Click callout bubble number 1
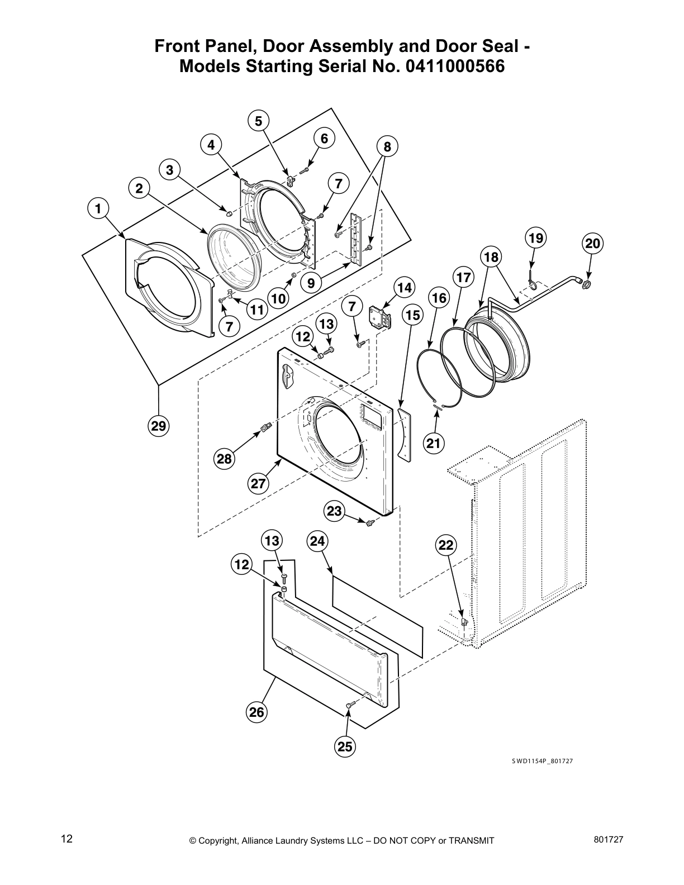[98, 209]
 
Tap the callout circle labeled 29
[159, 426]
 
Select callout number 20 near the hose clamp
[592, 244]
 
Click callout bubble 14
[404, 288]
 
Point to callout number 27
[258, 483]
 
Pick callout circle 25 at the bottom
[345, 746]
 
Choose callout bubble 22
[446, 545]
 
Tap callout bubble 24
[317, 541]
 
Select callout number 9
[311, 283]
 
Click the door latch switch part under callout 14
[379, 317]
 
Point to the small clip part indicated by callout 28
[265, 429]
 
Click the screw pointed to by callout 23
[369, 523]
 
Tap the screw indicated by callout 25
[349, 706]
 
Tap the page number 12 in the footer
[66, 839]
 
